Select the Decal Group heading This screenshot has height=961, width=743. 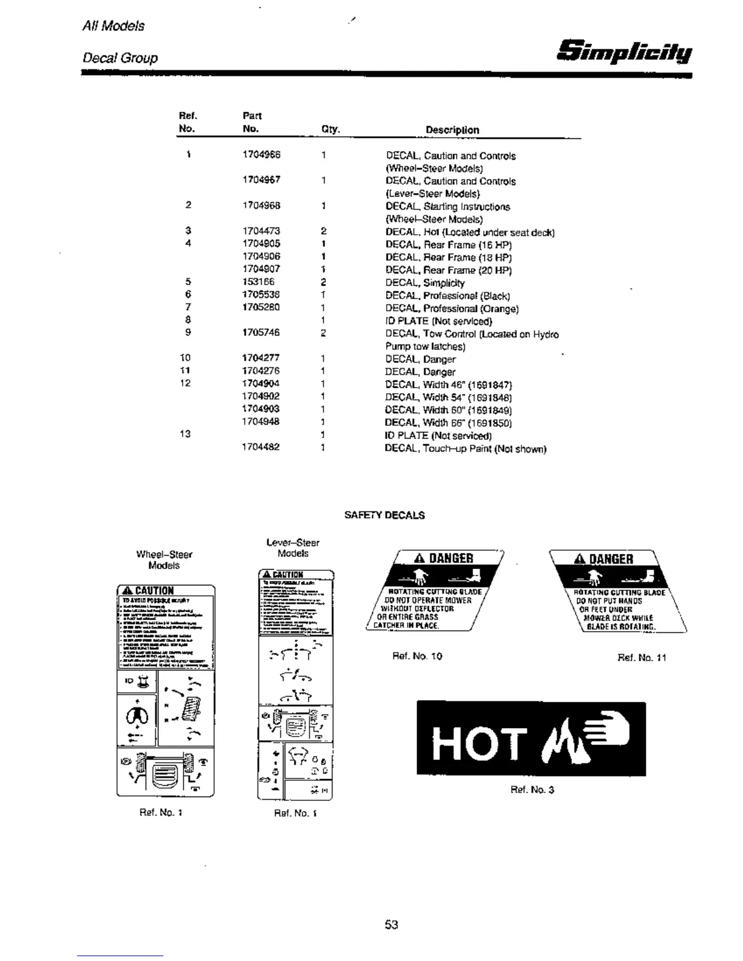coord(120,58)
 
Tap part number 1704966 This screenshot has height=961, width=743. coord(261,155)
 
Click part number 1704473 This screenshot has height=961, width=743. coord(261,231)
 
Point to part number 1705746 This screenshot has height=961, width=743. coord(261,332)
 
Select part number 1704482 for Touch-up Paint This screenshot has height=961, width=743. coord(261,447)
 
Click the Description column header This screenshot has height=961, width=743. coord(452,130)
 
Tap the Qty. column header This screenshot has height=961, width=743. coord(330,129)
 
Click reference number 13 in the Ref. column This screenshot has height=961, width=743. coord(185,434)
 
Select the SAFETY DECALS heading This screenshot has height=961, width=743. coord(384,515)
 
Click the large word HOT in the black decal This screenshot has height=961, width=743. coord(478,744)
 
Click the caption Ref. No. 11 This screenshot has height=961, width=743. coord(642,658)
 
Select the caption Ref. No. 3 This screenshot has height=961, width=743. coord(532,790)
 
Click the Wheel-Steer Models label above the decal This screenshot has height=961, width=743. coord(164,559)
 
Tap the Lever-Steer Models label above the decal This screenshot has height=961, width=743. coord(293,548)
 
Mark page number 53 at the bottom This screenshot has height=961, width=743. coord(391,925)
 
